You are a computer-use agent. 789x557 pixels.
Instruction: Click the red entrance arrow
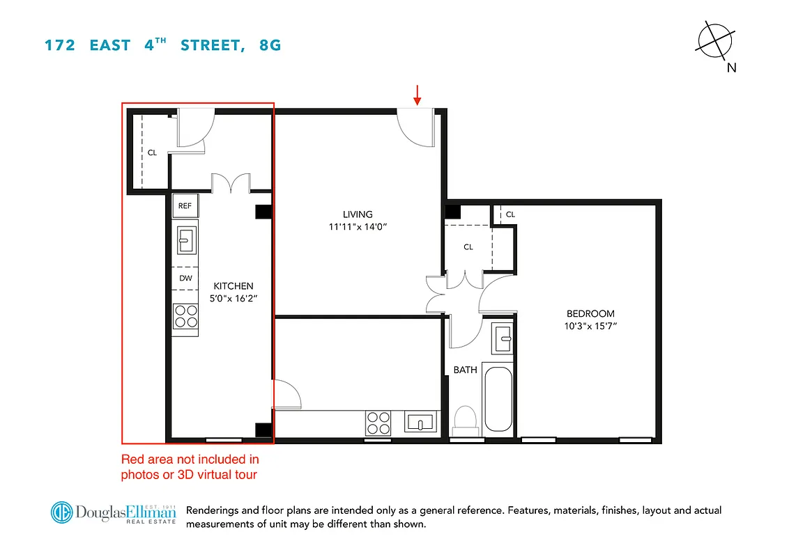pyautogui.click(x=418, y=95)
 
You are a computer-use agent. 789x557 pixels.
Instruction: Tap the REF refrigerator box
pyautogui.click(x=185, y=205)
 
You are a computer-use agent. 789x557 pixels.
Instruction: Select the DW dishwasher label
pyautogui.click(x=185, y=278)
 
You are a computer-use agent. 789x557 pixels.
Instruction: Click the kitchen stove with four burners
pyautogui.click(x=185, y=317)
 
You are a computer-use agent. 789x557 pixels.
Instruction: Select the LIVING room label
pyautogui.click(x=358, y=214)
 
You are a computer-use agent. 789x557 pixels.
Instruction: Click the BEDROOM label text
pyautogui.click(x=590, y=313)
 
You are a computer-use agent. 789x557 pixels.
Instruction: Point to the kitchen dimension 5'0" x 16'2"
pyautogui.click(x=233, y=298)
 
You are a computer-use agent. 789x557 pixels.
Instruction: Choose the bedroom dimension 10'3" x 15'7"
pyautogui.click(x=591, y=326)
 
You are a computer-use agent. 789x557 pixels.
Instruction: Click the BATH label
pyautogui.click(x=465, y=370)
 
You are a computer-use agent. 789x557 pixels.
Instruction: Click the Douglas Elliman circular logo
pyautogui.click(x=62, y=512)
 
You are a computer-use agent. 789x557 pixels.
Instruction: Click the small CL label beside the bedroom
pyautogui.click(x=510, y=214)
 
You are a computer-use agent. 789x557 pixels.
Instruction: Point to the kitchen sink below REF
pyautogui.click(x=185, y=241)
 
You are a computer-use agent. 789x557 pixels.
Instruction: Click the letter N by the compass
pyautogui.click(x=731, y=68)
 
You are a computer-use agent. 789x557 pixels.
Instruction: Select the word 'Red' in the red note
pyautogui.click(x=132, y=460)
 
